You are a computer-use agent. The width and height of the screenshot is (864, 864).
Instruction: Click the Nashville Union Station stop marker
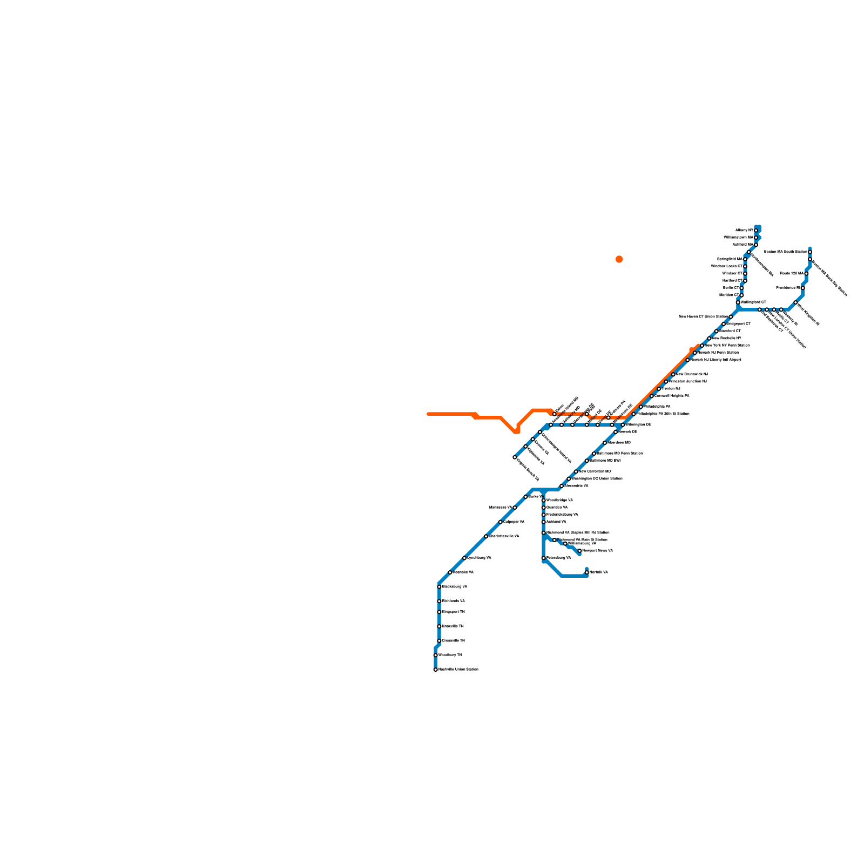pos(435,670)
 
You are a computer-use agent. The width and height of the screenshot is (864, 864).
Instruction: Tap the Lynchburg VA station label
pos(479,558)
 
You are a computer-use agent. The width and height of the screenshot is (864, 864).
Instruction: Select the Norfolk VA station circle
pos(586,572)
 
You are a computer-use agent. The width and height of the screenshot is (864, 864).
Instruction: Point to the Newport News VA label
pos(597,551)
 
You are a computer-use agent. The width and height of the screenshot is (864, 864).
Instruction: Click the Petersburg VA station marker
pos(543,558)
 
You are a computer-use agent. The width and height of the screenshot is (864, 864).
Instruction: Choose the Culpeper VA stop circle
pos(500,522)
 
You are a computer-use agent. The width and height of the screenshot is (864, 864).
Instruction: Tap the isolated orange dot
pos(619,259)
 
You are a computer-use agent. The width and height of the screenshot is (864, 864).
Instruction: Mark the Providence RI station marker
pos(802,288)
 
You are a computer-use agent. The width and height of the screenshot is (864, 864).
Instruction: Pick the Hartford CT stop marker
pos(745,281)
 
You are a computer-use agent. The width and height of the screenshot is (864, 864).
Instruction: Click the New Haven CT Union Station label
pos(703,317)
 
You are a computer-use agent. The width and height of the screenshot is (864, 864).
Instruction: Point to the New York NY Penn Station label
pos(727,346)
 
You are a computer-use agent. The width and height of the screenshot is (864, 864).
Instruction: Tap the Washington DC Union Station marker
pos(569,479)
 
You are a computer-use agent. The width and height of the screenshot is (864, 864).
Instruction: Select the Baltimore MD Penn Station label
pos(619,454)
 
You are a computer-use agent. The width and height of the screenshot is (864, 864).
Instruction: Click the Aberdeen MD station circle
pos(605,443)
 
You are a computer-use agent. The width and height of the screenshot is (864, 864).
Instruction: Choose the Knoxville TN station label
pos(453,626)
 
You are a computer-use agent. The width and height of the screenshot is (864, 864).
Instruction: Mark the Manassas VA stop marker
pos(515,508)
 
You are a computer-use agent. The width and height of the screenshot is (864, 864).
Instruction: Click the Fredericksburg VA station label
pos(562,515)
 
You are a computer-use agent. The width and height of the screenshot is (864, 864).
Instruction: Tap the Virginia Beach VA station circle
pos(515,457)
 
